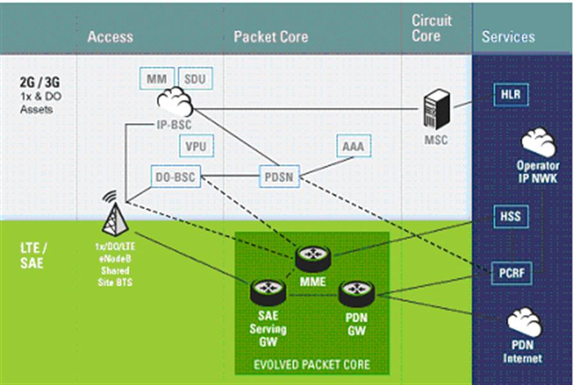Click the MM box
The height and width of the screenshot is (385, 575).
pos(157,79)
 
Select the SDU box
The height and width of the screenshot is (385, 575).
pos(195,79)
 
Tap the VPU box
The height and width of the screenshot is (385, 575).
pos(196,146)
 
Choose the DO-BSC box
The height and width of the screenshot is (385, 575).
pos(176,176)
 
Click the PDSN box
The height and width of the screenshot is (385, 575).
pos(279,176)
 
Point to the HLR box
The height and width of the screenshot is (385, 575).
pos(510,96)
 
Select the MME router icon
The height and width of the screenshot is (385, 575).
pos(313,256)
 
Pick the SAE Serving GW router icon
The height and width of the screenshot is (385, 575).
pos(268,291)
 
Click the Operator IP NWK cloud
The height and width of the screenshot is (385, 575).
pos(538,144)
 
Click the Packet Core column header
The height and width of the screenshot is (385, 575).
pos(271,36)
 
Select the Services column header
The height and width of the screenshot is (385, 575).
pos(508,36)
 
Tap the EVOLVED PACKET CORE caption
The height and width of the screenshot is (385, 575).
pos(312,365)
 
